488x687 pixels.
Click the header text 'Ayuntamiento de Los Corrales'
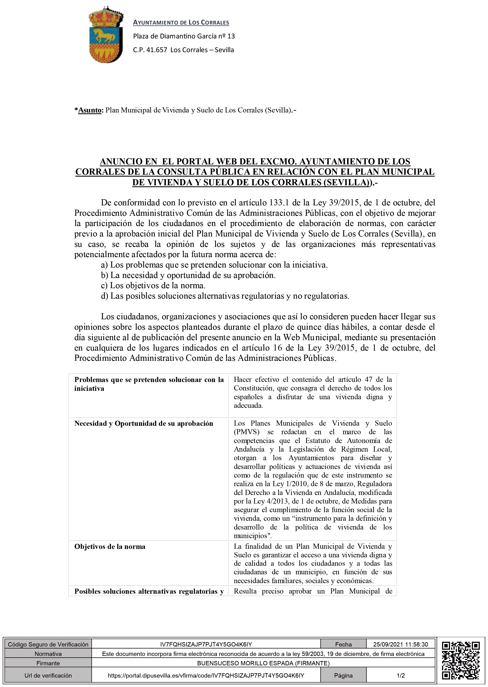pos(181,22)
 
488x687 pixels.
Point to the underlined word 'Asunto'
pos(89,110)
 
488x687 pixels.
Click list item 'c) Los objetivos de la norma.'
pos(153,286)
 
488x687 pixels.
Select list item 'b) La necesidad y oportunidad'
pos(188,275)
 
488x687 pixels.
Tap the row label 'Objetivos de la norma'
pos(110,546)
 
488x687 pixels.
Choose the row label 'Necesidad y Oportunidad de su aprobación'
pos(144,424)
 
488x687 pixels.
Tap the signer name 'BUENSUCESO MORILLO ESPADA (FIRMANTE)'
pos(263,663)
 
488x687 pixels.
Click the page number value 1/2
pos(401,675)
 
